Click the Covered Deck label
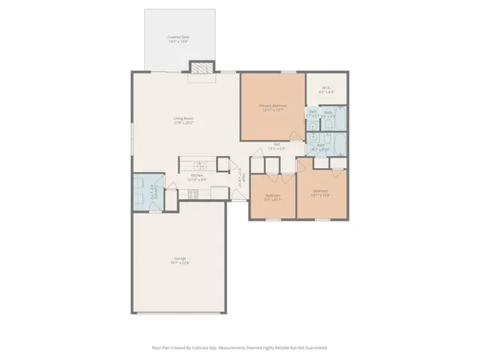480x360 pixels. tap(178, 37)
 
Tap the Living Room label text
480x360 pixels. tap(185, 119)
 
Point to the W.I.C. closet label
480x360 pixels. tap(326, 88)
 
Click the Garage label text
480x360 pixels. tap(180, 258)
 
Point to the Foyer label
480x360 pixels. tap(241, 183)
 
